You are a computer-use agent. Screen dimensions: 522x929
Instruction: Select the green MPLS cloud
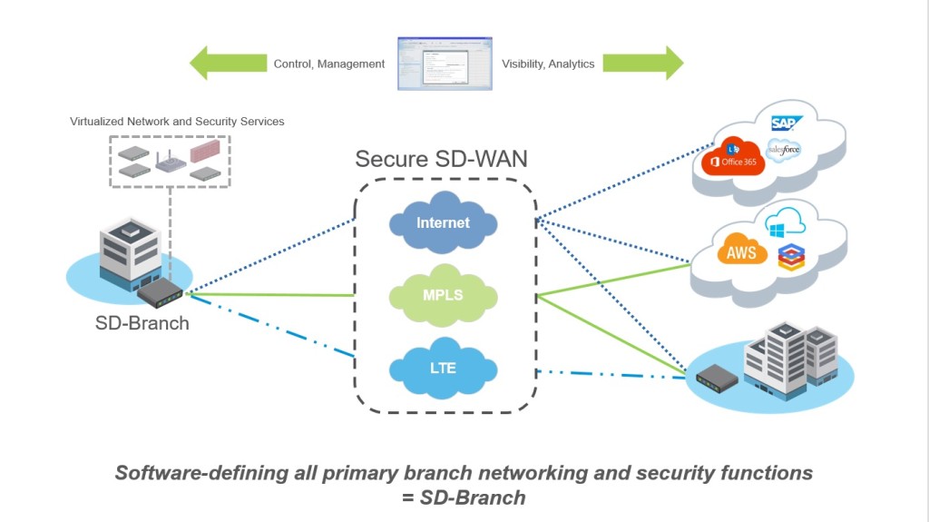click(443, 296)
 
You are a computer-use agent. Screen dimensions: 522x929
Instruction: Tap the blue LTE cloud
click(443, 369)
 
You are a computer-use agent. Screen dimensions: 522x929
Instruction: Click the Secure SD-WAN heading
click(441, 159)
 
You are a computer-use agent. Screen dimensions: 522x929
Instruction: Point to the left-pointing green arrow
click(227, 64)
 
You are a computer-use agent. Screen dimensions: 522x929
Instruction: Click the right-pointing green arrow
click(642, 64)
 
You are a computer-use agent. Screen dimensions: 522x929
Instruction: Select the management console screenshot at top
click(445, 64)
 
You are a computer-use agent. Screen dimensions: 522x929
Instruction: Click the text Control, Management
click(329, 64)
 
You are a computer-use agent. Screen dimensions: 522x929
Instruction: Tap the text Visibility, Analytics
click(548, 64)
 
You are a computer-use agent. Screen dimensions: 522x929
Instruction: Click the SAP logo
click(784, 123)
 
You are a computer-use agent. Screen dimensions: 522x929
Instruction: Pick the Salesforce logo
click(783, 150)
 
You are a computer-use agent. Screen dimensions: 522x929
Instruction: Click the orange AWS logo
click(741, 252)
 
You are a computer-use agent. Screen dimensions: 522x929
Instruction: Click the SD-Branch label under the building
click(142, 323)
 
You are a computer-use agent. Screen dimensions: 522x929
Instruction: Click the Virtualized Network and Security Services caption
click(177, 122)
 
